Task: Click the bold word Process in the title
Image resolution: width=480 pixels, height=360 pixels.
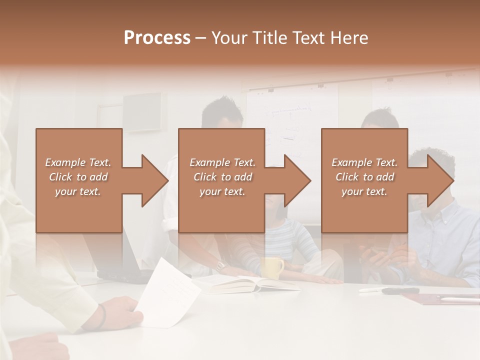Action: click(x=157, y=38)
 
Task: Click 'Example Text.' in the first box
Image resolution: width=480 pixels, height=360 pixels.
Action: click(x=78, y=162)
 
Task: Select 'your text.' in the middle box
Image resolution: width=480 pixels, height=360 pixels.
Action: click(x=222, y=191)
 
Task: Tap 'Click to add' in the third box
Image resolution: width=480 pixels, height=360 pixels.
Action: click(x=364, y=177)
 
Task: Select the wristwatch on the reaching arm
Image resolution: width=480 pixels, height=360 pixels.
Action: click(x=220, y=265)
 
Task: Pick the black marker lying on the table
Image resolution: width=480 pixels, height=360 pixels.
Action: click(x=400, y=290)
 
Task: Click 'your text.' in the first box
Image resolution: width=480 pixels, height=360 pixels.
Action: click(x=78, y=191)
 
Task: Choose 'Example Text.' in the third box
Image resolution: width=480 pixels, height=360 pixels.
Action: click(x=364, y=162)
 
